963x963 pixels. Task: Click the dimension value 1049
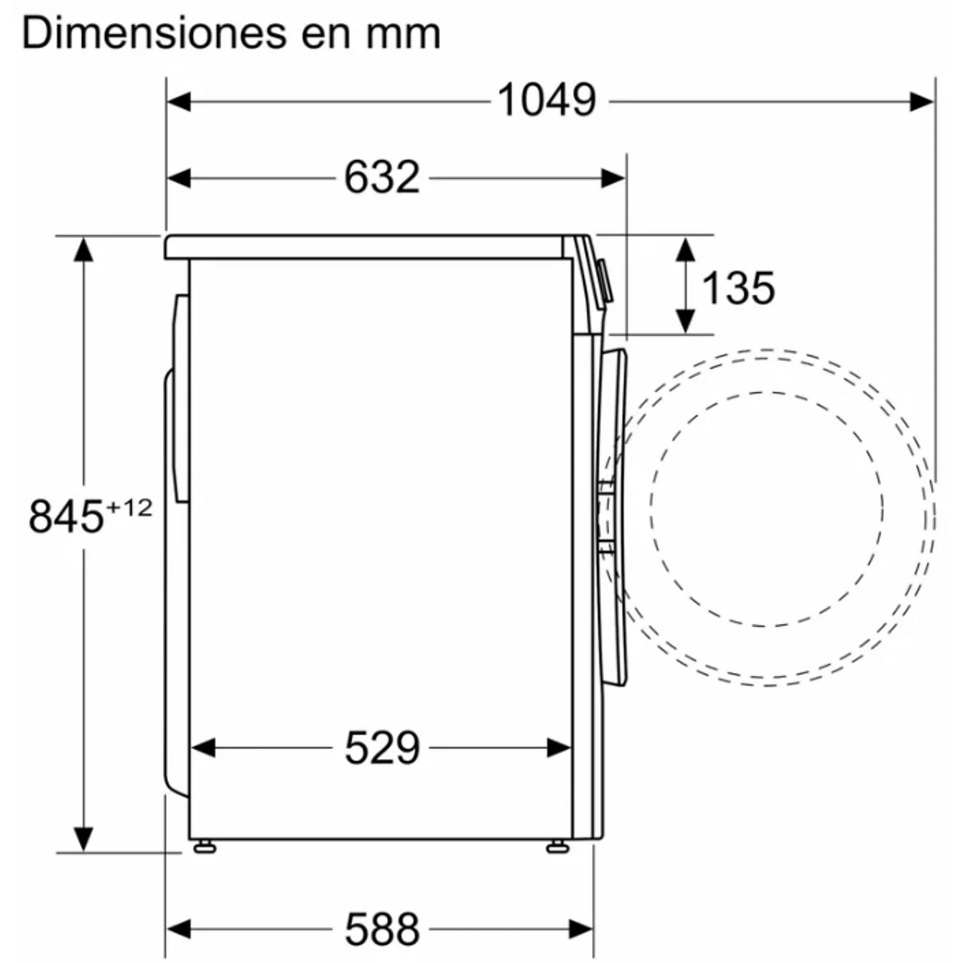[546, 101]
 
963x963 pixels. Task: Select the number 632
[381, 178]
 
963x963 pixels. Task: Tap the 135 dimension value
[738, 288]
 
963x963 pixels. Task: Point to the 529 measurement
[382, 748]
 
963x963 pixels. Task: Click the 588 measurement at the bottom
[382, 930]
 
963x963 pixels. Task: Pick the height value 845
[66, 517]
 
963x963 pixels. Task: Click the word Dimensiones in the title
[154, 34]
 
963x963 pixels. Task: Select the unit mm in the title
[403, 35]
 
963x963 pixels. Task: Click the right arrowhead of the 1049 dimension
[922, 101]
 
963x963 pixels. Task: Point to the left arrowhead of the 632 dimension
[179, 178]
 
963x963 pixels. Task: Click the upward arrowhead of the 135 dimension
[685, 249]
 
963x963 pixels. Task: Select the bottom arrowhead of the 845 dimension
[83, 838]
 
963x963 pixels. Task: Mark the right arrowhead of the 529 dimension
[559, 748]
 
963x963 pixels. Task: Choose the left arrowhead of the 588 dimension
[179, 929]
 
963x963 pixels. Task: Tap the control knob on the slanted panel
[605, 281]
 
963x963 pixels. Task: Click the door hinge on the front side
[606, 516]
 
